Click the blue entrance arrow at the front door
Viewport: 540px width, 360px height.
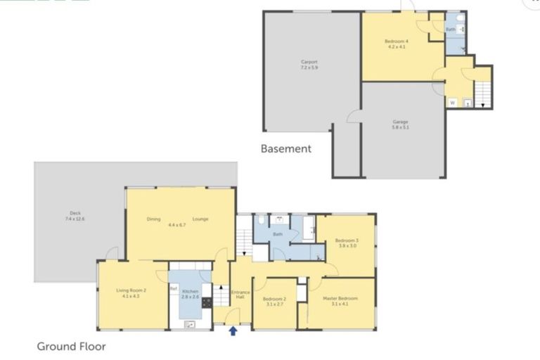tap(233, 330)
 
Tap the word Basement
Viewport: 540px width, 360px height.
tap(285, 148)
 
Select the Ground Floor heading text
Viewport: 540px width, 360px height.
tap(71, 346)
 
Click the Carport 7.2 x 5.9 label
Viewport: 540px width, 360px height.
tap(309, 65)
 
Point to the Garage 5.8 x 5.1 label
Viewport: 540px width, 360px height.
tap(400, 124)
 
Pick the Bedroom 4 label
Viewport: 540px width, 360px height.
tap(397, 44)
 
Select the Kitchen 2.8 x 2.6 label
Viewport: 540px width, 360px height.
tap(189, 293)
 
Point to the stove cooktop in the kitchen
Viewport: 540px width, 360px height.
tap(207, 303)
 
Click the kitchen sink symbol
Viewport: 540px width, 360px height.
tap(189, 324)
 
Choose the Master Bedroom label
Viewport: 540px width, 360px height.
tap(340, 301)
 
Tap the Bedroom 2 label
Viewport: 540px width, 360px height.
tap(274, 301)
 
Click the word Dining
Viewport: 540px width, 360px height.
tap(153, 219)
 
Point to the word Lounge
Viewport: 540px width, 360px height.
tap(200, 219)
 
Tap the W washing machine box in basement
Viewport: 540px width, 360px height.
tap(452, 102)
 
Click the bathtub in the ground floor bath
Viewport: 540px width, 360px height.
tap(309, 228)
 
